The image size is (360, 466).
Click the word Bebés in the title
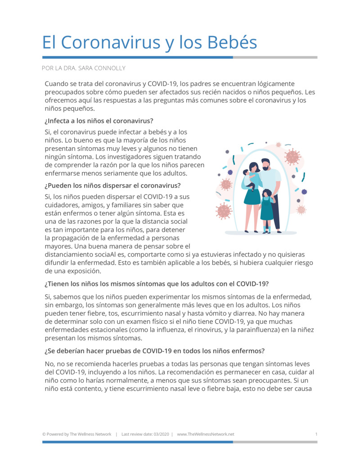pos(232,42)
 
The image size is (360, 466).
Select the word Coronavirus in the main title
pos(110,42)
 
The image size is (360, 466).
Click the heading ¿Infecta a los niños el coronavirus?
pos(99,121)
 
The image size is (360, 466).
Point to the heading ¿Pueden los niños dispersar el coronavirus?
pos(112,185)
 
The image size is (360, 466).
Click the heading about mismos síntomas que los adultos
pos(157,284)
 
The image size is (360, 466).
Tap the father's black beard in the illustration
pos(265,168)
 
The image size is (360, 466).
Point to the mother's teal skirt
pos(252,196)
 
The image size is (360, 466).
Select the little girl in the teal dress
pos(267,207)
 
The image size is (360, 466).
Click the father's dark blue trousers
pos(275,212)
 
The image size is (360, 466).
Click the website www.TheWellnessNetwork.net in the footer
pos(206,434)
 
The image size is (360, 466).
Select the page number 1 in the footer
pos(316,434)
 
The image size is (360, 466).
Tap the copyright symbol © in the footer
pos(44,434)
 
